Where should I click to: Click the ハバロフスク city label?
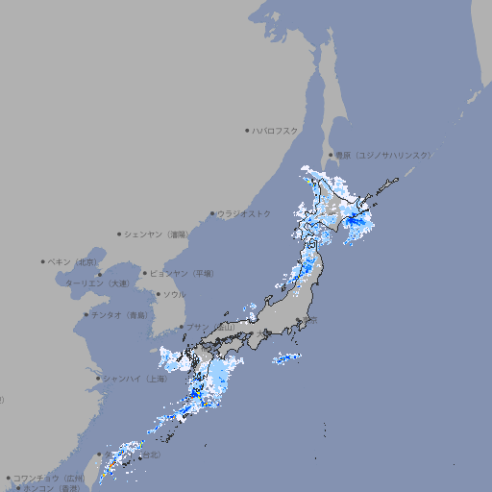coord(276,130)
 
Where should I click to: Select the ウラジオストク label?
coord(244,213)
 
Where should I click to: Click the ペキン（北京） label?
coord(73,261)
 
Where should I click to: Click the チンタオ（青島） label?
coord(119,315)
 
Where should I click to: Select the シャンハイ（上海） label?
coord(135,379)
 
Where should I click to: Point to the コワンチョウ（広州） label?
coord(49,478)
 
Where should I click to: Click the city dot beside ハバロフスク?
coord(247,130)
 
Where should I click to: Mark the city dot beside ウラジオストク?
coord(212,213)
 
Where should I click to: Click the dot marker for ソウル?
coord(157,294)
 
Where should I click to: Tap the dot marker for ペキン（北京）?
coord(43,261)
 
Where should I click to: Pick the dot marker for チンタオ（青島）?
coord(86,315)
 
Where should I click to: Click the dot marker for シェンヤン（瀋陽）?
coord(120,234)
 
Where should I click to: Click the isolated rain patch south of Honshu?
coord(287,359)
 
